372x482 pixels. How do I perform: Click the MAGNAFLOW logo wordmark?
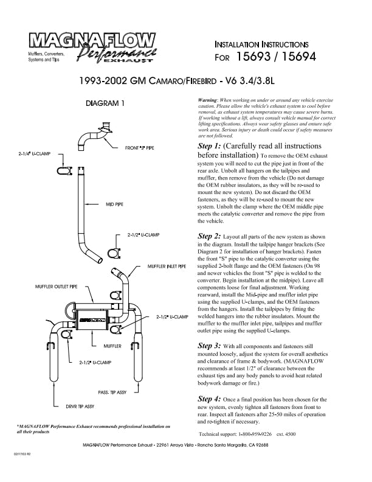pos(92,41)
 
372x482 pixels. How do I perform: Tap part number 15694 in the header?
pos(298,57)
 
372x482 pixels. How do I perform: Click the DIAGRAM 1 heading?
pos(105,103)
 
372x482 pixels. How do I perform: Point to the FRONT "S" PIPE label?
pos(139,148)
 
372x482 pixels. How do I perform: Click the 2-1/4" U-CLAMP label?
pos(34,154)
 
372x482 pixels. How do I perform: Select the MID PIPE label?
pos(114,204)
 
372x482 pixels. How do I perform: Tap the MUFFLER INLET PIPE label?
pos(167,266)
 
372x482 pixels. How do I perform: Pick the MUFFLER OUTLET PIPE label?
pos(56,287)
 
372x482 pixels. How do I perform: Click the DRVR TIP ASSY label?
pos(80,407)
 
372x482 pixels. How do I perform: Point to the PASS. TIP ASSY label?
pos(112,393)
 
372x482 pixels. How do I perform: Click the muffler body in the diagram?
pos(92,320)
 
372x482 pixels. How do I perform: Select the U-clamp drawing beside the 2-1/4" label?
pos(64,170)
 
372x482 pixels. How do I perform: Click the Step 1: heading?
pos(209,146)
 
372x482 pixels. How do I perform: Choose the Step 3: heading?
pos(209,346)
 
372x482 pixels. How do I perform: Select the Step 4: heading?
pos(209,399)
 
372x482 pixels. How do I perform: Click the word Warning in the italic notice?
pos(207,100)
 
